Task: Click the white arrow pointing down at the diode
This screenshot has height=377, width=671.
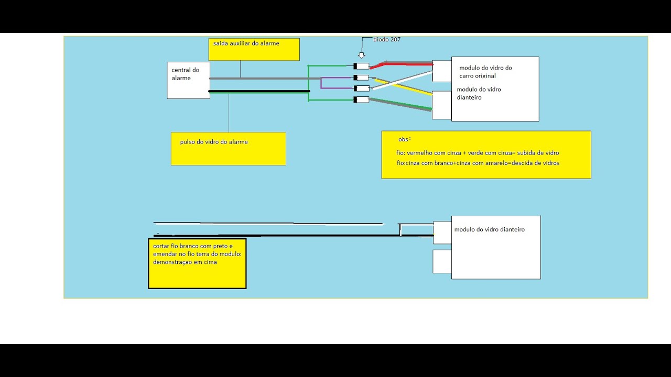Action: (362, 56)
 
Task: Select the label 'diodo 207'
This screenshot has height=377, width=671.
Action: (387, 39)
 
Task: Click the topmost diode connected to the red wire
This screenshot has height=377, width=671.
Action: (361, 66)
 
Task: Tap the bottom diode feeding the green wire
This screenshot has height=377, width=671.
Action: (361, 99)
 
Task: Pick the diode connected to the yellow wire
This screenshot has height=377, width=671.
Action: (361, 78)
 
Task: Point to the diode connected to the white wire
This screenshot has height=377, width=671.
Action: (361, 88)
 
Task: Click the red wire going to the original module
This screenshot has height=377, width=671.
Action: (402, 64)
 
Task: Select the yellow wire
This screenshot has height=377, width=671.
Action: (404, 87)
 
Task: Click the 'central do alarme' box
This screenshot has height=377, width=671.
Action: (188, 80)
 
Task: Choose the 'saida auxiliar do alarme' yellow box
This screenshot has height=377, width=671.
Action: (254, 49)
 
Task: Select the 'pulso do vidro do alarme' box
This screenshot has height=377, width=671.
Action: (228, 149)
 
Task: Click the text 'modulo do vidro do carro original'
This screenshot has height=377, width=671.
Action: (485, 72)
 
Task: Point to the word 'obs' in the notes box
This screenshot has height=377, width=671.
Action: (403, 139)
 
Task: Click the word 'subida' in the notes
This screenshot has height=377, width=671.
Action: (525, 153)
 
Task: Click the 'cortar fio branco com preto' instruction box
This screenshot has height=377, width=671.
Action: (197, 263)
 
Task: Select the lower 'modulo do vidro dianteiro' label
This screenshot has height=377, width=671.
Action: (490, 229)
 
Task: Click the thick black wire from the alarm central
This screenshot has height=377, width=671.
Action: (259, 91)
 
